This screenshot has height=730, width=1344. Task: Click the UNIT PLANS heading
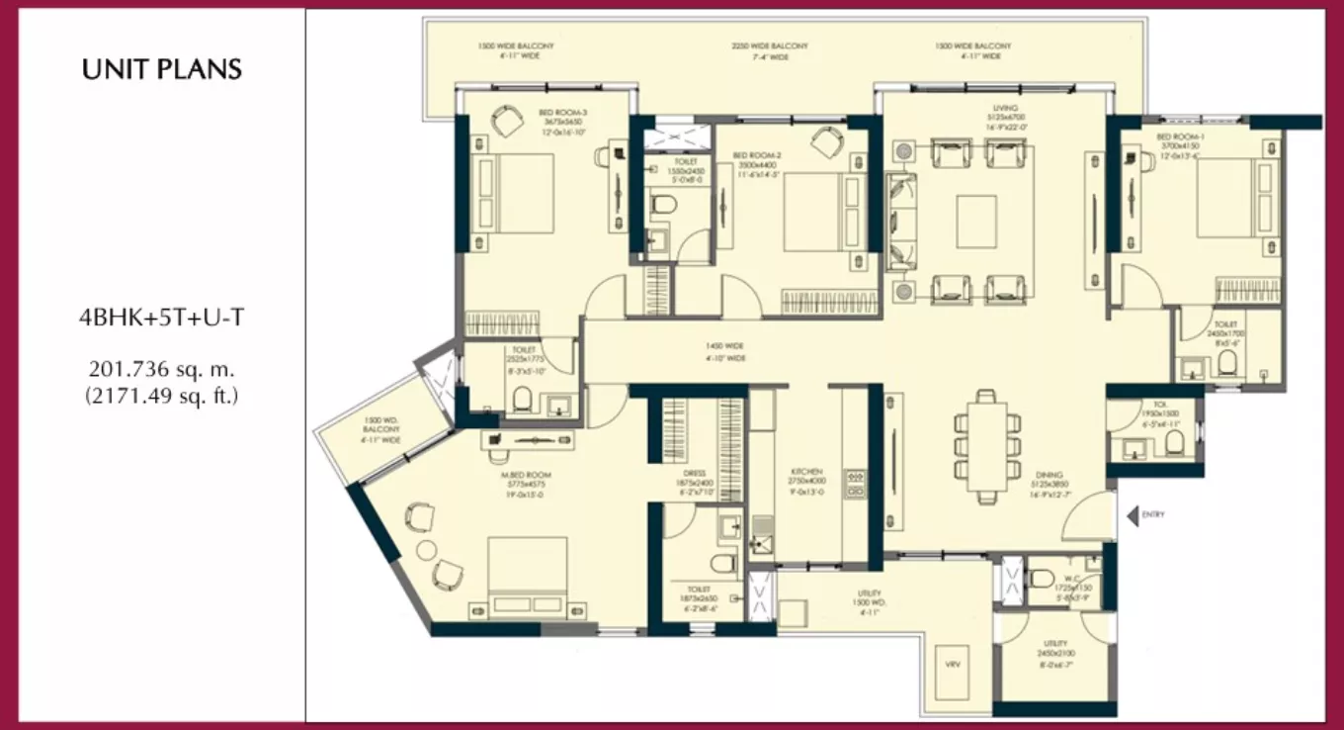tap(162, 70)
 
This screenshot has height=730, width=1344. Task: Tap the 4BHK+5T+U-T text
tap(161, 318)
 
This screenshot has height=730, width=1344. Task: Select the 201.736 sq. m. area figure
tap(161, 370)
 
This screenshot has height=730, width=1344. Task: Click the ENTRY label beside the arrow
tap(1153, 515)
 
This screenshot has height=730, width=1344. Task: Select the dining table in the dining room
tap(986, 444)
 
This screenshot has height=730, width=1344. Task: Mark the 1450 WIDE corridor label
tap(723, 346)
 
